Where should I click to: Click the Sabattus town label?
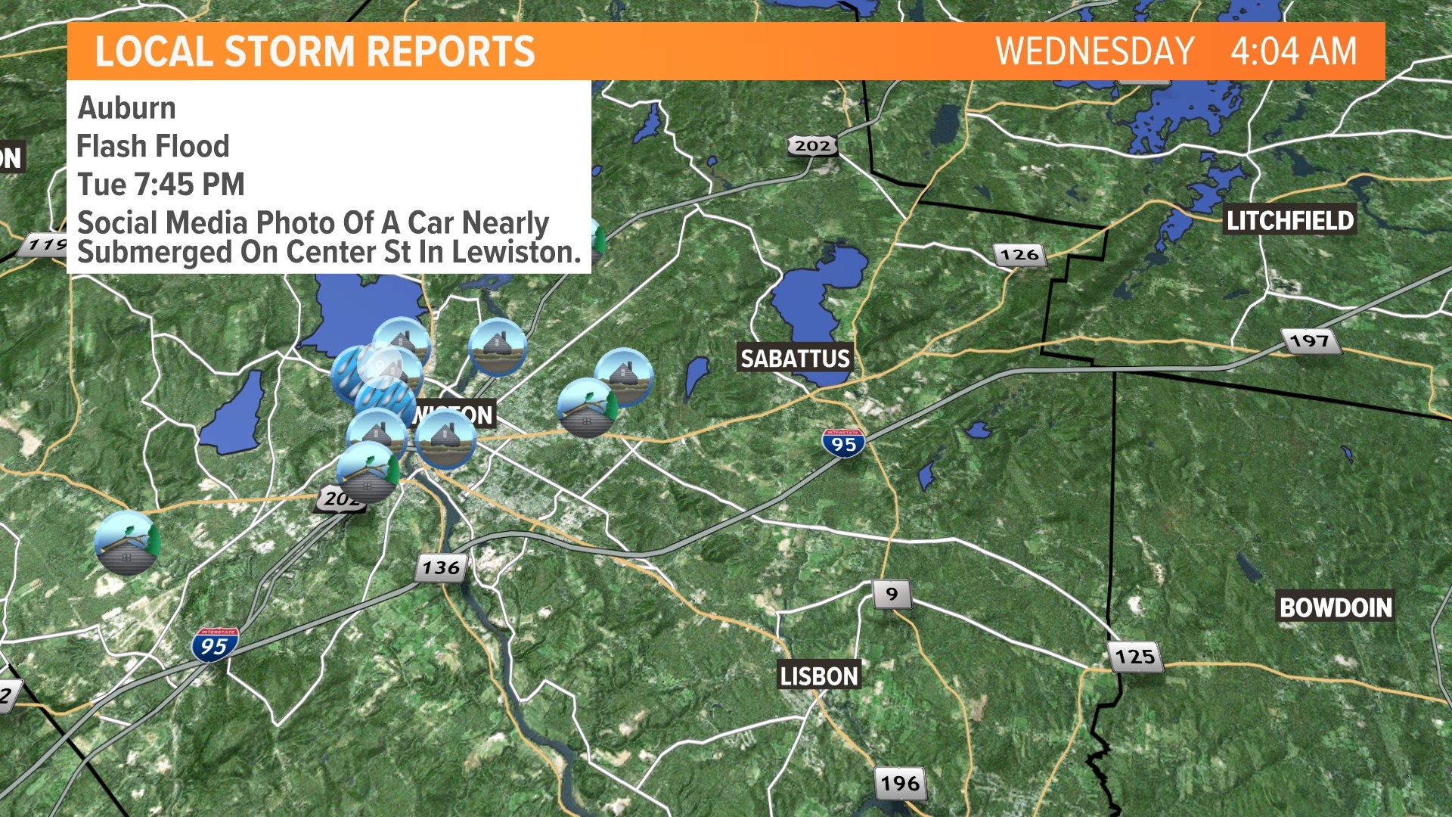tap(795, 358)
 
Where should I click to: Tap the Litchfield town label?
tap(1289, 220)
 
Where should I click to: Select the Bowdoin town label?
tap(1335, 607)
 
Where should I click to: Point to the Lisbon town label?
tap(819, 676)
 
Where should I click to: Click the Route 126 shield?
tap(1019, 255)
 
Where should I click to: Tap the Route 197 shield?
tap(1310, 341)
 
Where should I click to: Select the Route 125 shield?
tap(1134, 656)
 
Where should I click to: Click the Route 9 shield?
tap(892, 594)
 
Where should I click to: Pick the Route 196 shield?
tap(900, 783)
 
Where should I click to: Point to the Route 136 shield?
tap(441, 567)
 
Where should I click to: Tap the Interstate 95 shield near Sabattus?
tap(843, 443)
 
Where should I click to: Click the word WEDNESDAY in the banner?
tap(1094, 51)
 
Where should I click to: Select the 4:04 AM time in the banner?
tap(1293, 51)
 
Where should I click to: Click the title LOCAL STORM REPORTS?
tap(315, 51)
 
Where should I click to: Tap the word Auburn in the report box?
tap(127, 107)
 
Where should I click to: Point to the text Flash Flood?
tap(153, 146)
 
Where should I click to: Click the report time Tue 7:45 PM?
tap(161, 184)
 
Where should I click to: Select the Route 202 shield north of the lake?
tap(812, 145)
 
